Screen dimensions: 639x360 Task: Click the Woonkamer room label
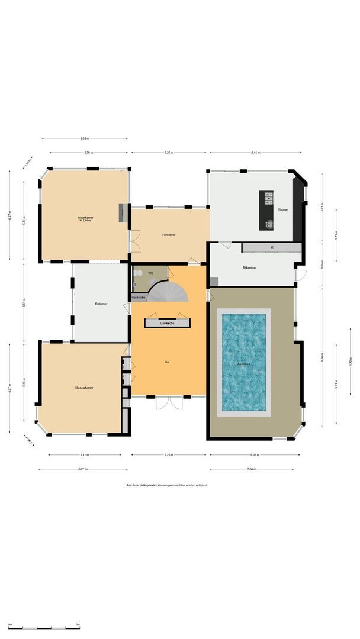(x=85, y=218)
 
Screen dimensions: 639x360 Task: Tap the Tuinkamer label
(x=169, y=235)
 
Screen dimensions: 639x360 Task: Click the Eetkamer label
(x=101, y=304)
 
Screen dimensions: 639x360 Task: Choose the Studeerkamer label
(x=83, y=388)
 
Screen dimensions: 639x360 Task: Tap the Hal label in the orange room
(x=168, y=362)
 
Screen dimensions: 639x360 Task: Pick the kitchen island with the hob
(x=267, y=211)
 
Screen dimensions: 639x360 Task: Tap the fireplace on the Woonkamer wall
(x=122, y=212)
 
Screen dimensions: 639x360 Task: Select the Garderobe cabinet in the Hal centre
(x=168, y=323)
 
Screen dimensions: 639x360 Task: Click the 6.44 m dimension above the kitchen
(x=255, y=153)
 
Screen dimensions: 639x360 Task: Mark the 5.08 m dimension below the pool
(x=252, y=469)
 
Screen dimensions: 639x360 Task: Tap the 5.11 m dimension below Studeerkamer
(x=84, y=455)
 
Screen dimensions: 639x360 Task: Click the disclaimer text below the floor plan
(x=167, y=485)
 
